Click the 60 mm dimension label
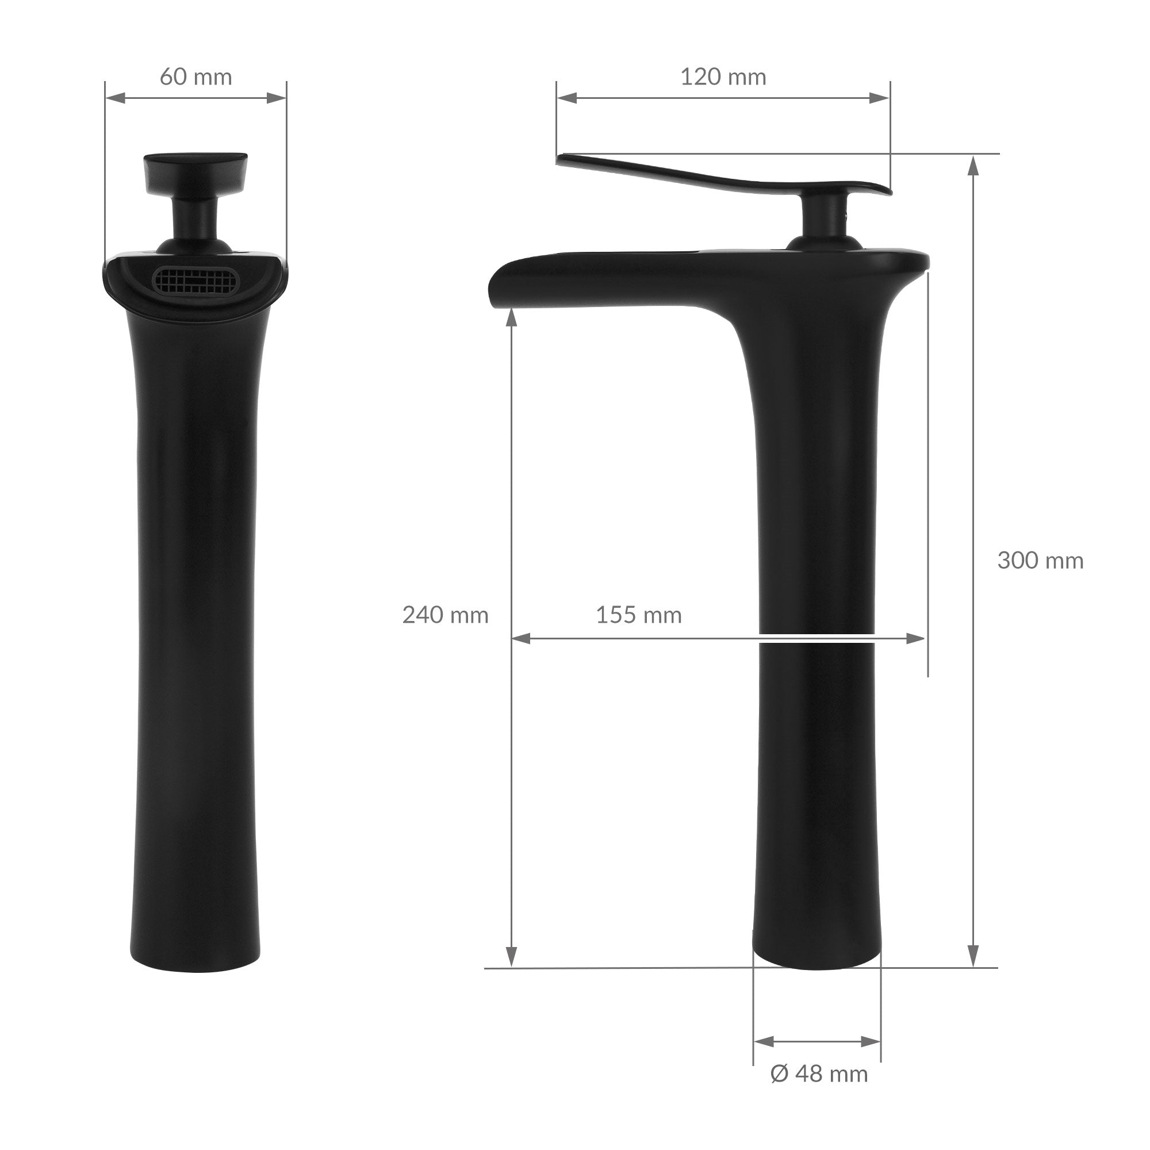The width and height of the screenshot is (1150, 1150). (x=196, y=78)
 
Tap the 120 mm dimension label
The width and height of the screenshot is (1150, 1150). (x=723, y=78)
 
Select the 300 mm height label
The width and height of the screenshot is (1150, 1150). (x=1041, y=561)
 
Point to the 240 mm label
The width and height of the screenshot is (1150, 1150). (x=445, y=615)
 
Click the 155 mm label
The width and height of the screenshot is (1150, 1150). (x=639, y=615)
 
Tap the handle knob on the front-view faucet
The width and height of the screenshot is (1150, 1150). (x=196, y=171)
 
